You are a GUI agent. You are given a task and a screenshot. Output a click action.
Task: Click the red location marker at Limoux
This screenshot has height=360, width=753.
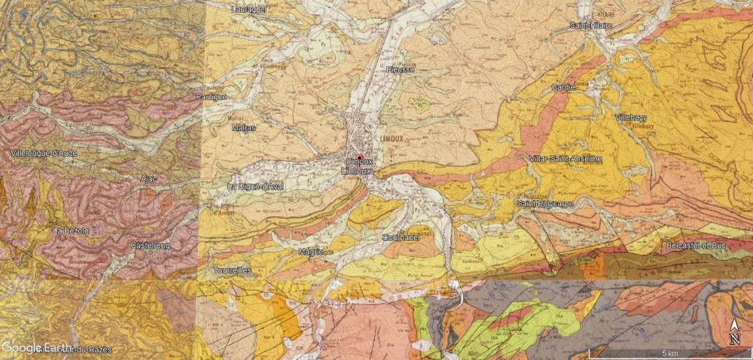(x=360, y=157)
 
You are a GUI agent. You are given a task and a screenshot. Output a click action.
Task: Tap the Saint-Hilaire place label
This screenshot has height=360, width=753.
(x=591, y=26)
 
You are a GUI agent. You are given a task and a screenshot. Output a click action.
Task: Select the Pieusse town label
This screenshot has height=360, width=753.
(x=400, y=69)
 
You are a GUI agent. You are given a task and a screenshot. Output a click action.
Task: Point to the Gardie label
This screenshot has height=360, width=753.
(x=563, y=87)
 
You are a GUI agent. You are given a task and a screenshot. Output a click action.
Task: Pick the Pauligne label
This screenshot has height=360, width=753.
(x=211, y=97)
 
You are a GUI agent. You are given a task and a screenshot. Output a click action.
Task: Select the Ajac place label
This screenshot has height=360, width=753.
(x=148, y=178)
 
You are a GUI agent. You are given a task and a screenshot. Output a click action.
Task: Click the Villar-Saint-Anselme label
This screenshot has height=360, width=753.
(x=566, y=159)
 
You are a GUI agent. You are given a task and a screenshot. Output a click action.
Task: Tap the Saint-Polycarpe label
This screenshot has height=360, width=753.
(x=544, y=203)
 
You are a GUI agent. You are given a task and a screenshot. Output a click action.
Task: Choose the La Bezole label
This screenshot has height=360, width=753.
(x=70, y=230)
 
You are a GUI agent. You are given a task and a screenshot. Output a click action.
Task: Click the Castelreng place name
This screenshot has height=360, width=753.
(x=150, y=246)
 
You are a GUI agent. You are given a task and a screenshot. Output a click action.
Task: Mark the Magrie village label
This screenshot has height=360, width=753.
(x=310, y=252)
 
